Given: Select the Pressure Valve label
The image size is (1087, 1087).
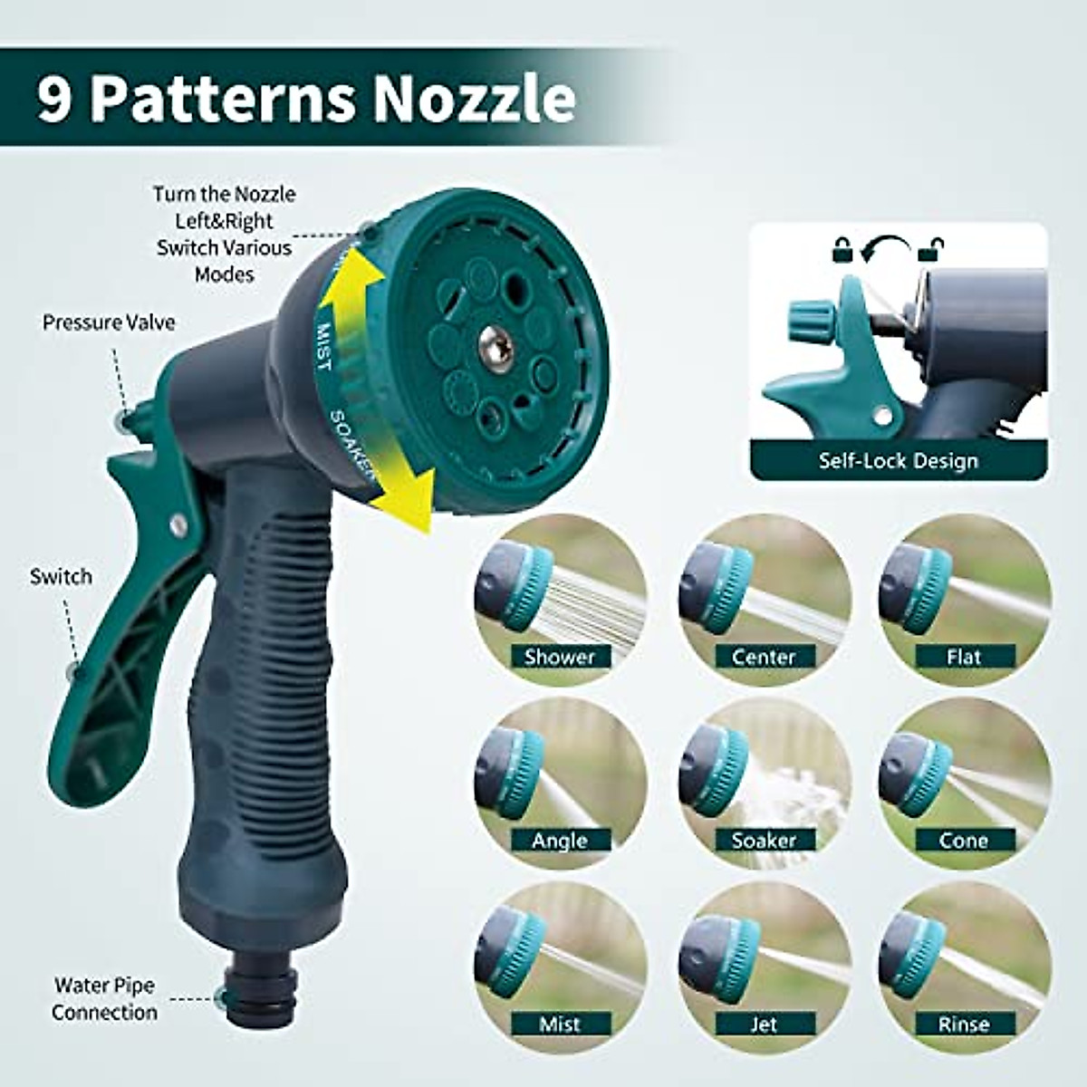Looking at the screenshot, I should (109, 322).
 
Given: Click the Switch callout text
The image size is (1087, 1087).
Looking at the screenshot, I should (61, 576).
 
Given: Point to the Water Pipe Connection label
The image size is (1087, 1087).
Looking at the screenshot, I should (104, 998).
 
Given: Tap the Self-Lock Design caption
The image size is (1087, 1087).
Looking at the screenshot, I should (899, 460).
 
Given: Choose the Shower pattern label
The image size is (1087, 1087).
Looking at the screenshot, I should (560, 657).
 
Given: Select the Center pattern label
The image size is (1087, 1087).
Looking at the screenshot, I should (764, 657).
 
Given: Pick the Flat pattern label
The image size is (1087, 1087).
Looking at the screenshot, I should (964, 657).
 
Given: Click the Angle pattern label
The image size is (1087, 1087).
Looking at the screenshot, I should (560, 841).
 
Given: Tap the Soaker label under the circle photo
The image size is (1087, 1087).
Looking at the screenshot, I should (764, 841).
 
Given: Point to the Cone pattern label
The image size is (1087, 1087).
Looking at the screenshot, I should (964, 841).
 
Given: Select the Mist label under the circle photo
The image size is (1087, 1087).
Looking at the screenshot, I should (560, 1024).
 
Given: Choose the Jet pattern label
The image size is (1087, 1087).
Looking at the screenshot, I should (764, 1024).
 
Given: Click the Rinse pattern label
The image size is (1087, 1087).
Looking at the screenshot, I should (964, 1024).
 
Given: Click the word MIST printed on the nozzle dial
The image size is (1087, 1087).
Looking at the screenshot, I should (323, 347).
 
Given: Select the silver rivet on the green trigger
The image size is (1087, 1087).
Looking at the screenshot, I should (178, 524).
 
